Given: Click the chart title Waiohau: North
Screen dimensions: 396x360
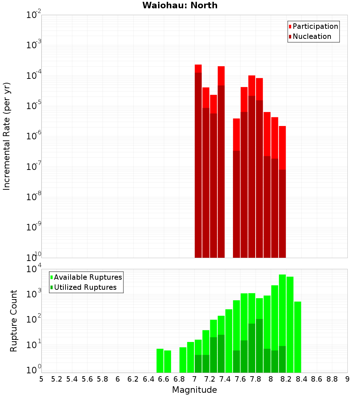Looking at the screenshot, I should click(180, 5).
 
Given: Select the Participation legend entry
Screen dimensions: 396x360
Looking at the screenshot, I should click(315, 26).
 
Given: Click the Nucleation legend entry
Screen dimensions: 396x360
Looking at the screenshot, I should click(311, 36).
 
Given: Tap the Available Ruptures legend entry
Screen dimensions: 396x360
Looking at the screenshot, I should click(87, 277).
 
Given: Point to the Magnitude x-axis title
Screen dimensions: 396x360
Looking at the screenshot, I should click(194, 390).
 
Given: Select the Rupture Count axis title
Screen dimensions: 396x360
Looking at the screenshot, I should click(14, 320).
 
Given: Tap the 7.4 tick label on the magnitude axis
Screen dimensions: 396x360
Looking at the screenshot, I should click(225, 379).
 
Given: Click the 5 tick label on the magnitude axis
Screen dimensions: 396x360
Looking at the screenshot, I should click(41, 379).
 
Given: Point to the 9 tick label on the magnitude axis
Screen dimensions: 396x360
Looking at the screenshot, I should click(347, 379).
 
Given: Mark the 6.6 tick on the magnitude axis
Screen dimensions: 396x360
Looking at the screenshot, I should click(164, 379).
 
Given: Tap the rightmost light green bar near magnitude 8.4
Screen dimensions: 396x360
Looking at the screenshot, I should click(298, 337).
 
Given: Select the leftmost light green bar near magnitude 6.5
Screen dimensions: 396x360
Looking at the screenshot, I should click(160, 360).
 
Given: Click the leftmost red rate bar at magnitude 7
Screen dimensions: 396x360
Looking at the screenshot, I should click(198, 162).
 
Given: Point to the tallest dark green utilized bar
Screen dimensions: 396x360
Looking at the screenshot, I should click(259, 346).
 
